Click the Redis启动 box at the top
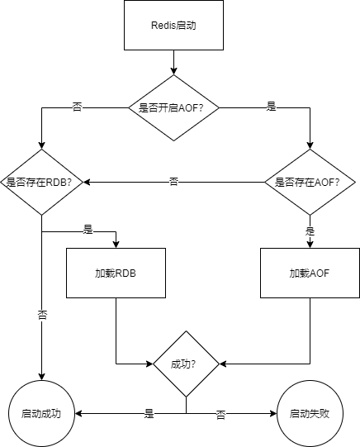[x=173, y=25]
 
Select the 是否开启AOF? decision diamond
[x=173, y=107]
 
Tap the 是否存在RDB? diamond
[x=41, y=182]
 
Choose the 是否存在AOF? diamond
[x=310, y=182]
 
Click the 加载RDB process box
[x=116, y=273]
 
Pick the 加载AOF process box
[x=310, y=273]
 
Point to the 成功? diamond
[x=186, y=364]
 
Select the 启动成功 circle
[x=41, y=412]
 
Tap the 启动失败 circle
[x=310, y=412]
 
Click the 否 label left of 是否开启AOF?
[x=78, y=107]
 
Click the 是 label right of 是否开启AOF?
[x=272, y=107]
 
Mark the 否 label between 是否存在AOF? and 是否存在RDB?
[x=174, y=182]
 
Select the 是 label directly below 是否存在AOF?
[x=310, y=231]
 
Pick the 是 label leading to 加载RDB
[x=88, y=229]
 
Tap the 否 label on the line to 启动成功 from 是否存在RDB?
[x=41, y=316]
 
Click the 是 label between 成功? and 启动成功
[x=149, y=413]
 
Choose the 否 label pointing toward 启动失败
[x=221, y=413]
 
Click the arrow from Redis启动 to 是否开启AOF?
[x=173, y=62]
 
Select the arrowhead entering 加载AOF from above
[x=310, y=244]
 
